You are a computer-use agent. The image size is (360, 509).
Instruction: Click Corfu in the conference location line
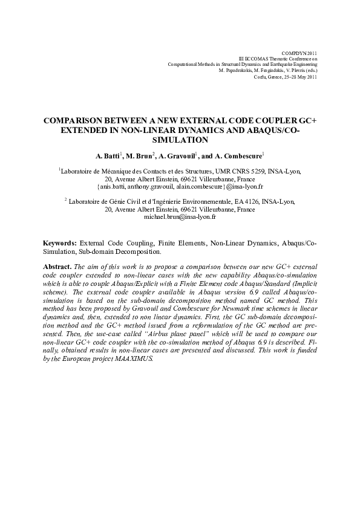(x=261, y=77)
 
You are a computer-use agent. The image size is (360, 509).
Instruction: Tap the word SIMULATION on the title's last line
(x=180, y=139)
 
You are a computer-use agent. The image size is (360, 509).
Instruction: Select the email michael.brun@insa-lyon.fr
(x=180, y=216)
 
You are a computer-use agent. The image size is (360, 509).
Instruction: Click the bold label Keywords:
(x=60, y=243)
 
